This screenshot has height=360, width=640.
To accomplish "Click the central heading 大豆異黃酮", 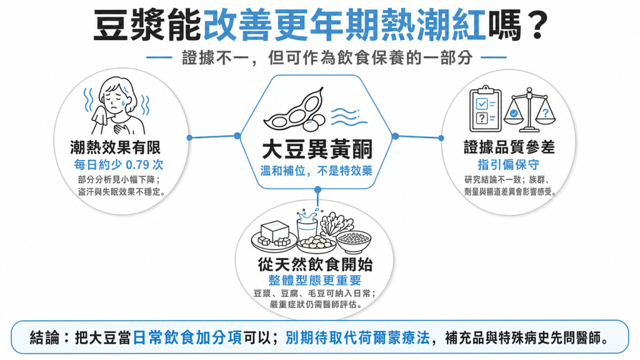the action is tap(317, 149).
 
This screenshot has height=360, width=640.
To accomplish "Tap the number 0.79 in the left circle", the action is tap(138, 165).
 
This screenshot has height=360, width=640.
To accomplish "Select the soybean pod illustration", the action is tap(294, 110).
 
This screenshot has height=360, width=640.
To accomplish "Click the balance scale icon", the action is tap(529, 109).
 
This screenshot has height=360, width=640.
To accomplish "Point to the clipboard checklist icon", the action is tap(485, 109).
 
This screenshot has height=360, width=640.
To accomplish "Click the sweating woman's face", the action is tap(116, 99).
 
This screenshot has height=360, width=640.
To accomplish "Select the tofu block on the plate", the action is tap(274, 232).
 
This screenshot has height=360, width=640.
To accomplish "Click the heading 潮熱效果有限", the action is tap(116, 147).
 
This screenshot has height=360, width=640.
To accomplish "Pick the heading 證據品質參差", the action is tap(509, 147).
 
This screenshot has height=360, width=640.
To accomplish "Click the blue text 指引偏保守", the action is tap(508, 164).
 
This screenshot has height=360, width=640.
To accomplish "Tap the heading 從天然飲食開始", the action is tap(315, 264).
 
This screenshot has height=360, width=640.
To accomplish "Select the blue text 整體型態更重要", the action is tap(315, 281).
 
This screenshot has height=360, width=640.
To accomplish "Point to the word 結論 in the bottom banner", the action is tap(45, 338).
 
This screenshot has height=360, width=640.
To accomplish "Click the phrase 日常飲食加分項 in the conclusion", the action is tap(187, 338).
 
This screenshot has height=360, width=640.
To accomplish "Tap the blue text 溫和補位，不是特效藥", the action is tap(316, 171).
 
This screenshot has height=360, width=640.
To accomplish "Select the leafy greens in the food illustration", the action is tap(336, 223).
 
